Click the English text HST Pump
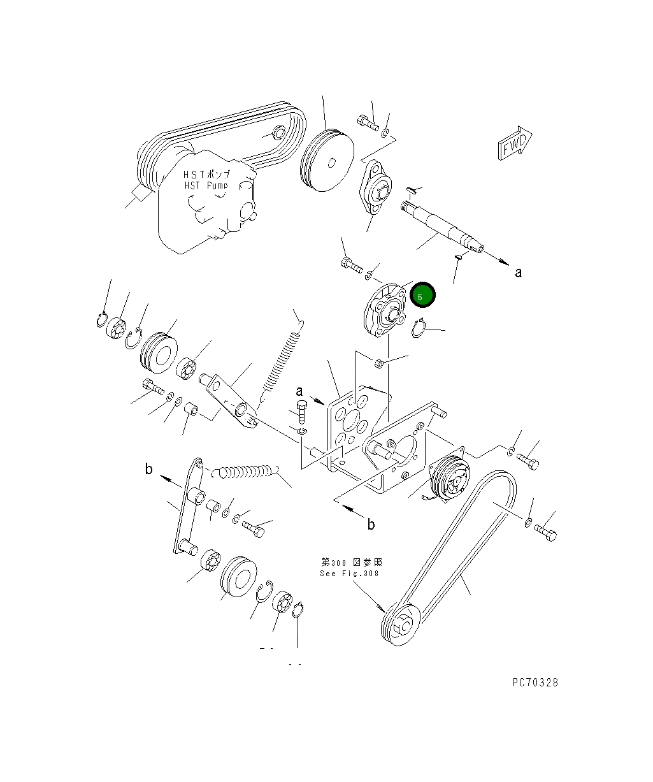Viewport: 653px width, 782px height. point(202,185)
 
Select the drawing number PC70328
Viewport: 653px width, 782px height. point(535,682)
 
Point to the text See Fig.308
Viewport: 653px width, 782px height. point(349,573)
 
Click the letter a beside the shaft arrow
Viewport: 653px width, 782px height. point(518,272)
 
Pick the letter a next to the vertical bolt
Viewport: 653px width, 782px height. point(298,391)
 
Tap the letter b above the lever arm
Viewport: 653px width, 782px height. point(148,470)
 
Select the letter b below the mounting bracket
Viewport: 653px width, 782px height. point(371,525)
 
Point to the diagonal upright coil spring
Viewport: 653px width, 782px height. point(282,363)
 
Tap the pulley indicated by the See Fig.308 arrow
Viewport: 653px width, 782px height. point(400,625)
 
